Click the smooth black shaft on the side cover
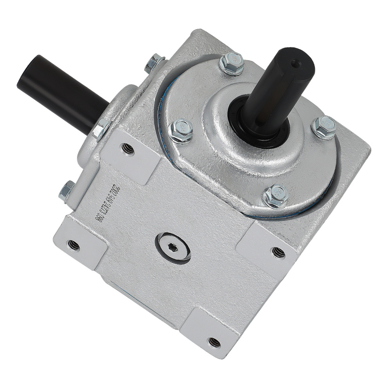[x=58, y=91]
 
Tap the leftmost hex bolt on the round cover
[x=181, y=130]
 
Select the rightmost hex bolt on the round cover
[x=324, y=127]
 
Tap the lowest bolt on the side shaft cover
[x=67, y=191]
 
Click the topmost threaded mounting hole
[x=128, y=149]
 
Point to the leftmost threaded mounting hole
[x=73, y=245]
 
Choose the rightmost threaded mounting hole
[x=278, y=253]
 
